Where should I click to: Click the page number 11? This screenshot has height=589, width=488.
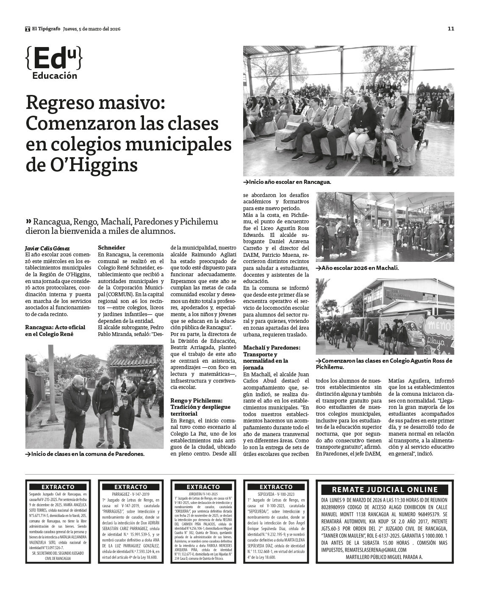point(451,29)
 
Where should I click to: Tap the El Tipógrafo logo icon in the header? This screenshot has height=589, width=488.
point(28,29)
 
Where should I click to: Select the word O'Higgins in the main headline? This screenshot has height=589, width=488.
point(82,165)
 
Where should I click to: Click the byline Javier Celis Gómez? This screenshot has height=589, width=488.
point(47,248)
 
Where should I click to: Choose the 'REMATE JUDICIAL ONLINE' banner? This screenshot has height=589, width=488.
point(385,489)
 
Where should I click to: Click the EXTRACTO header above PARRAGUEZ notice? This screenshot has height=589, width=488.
point(130,487)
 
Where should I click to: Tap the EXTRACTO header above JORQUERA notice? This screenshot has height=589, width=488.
point(203,487)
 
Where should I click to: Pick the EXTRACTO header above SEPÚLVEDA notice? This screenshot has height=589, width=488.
point(276,487)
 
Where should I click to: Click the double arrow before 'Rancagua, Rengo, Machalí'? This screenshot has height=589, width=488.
point(28,221)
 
